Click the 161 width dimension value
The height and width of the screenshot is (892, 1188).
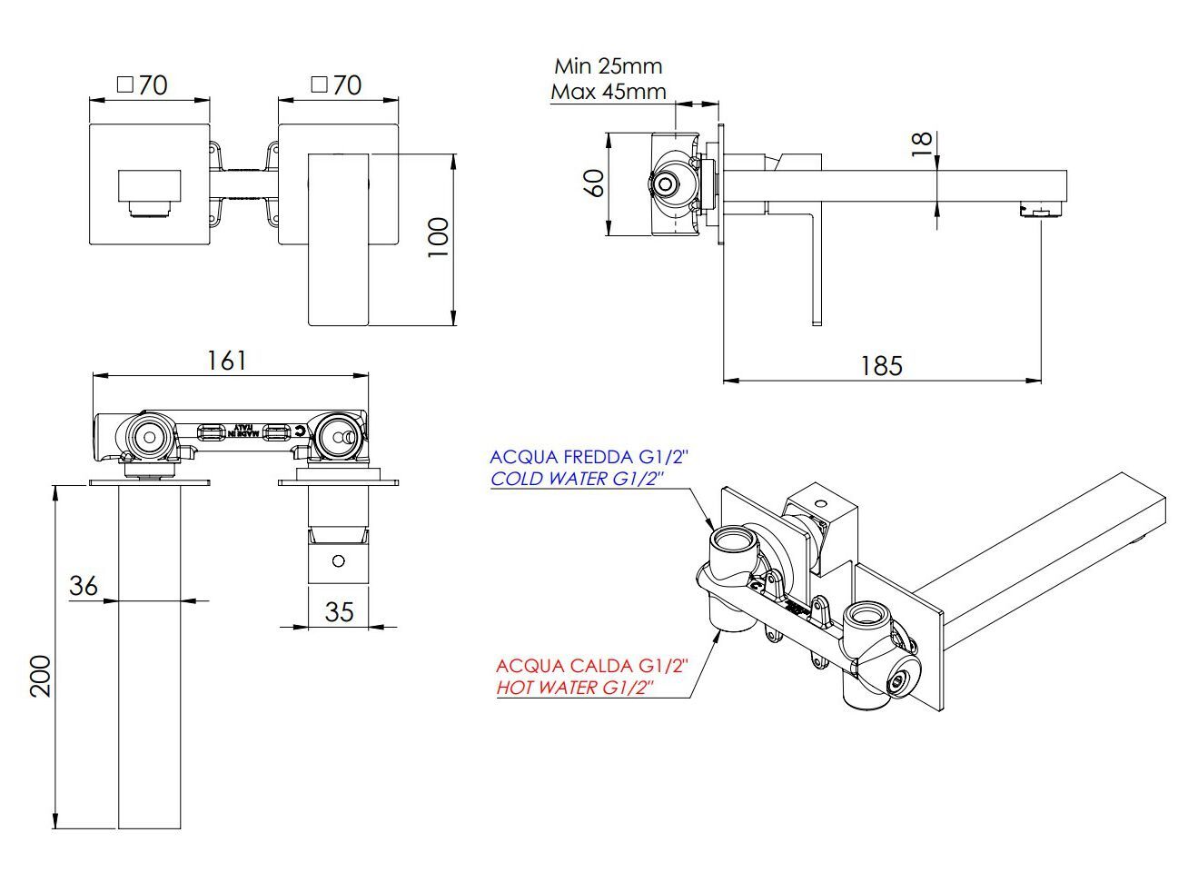tap(227, 361)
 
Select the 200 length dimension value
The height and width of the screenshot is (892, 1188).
tap(41, 676)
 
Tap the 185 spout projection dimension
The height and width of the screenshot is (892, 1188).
tap(882, 365)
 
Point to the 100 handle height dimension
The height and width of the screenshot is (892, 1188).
tap(438, 237)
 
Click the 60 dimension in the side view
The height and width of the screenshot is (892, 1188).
tap(594, 183)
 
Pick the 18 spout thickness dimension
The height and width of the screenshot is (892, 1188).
tap(921, 139)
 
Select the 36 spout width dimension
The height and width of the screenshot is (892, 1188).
tap(83, 586)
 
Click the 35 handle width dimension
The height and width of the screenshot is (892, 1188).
tap(339, 611)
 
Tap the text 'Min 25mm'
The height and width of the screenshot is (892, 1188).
tap(609, 66)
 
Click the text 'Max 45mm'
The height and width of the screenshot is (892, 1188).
tap(609, 92)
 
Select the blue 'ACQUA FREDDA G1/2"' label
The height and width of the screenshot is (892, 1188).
tap(589, 457)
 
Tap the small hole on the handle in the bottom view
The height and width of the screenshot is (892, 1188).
tap(340, 560)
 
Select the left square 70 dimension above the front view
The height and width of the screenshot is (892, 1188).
tap(144, 85)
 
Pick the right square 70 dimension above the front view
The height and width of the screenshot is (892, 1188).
tap(336, 85)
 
